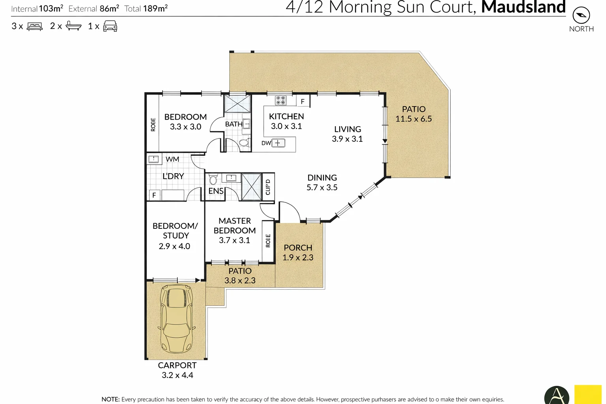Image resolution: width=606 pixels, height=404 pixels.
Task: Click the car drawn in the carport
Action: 176,319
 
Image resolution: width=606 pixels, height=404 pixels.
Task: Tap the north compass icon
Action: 581,15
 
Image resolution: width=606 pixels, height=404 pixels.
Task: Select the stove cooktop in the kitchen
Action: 281,100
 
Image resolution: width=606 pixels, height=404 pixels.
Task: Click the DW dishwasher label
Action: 266,143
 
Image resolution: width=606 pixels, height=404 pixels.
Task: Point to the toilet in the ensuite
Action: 213,180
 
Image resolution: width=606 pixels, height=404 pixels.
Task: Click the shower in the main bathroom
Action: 237,104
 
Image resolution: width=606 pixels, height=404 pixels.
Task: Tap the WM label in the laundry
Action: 172,159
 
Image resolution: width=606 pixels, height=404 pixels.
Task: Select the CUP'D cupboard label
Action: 268,187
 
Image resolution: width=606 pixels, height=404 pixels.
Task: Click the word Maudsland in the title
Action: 523,7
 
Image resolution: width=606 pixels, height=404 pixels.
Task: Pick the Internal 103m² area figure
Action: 37,9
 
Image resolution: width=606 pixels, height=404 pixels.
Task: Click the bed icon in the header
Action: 34,26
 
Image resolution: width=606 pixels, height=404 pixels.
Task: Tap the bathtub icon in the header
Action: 73,26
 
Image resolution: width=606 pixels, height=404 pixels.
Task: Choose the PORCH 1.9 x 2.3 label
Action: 298,252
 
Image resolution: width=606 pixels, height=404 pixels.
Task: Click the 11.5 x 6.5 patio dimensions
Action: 413,119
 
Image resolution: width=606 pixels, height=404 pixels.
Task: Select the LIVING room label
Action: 347,129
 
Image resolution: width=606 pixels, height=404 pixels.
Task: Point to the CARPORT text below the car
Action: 177,365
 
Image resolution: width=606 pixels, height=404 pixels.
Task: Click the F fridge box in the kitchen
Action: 303,101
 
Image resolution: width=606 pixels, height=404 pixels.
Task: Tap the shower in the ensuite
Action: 251,186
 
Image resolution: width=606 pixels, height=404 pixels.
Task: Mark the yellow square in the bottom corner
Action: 588,394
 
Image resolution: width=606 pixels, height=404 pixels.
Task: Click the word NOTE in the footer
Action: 110,399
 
